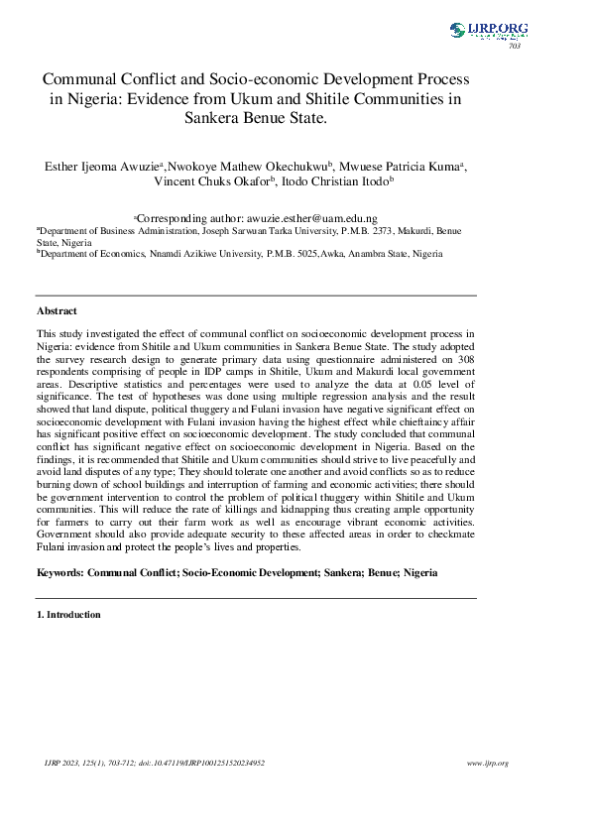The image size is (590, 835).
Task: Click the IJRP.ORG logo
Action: [x=489, y=31]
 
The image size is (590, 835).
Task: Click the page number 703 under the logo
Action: [x=514, y=47]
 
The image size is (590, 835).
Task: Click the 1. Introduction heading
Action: [x=68, y=615]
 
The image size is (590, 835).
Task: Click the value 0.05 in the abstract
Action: [x=403, y=383]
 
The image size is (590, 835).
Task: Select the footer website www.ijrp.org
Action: [x=487, y=763]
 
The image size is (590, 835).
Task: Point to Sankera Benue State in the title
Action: [x=256, y=118]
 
